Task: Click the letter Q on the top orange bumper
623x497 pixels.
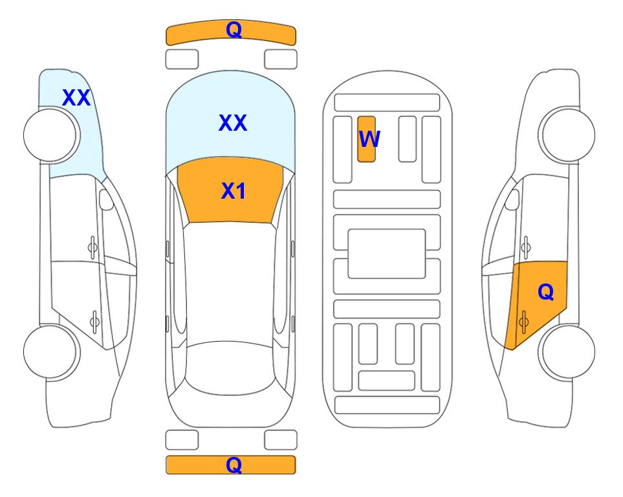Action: (x=234, y=30)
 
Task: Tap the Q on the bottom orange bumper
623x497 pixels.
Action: (x=234, y=465)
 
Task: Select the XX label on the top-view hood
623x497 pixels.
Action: (x=233, y=123)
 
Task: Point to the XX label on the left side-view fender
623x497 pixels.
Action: (x=76, y=98)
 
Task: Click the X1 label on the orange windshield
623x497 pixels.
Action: (x=234, y=191)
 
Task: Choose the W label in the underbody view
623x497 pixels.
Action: (x=369, y=138)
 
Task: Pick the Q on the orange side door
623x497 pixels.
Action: (x=545, y=292)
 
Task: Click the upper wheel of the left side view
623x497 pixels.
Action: (x=52, y=135)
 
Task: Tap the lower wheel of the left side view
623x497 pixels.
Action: (x=52, y=351)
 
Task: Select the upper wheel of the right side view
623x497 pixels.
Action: (x=567, y=135)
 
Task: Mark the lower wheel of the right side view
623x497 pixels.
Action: (x=567, y=351)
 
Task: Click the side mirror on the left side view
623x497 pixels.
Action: (x=106, y=199)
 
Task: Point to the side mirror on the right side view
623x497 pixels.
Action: (x=512, y=199)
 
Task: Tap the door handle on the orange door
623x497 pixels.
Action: (x=523, y=322)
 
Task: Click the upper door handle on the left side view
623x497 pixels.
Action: (x=93, y=247)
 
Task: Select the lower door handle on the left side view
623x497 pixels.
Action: (x=94, y=322)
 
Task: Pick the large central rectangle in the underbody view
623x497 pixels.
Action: (x=387, y=254)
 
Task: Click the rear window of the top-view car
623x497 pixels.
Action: (x=230, y=368)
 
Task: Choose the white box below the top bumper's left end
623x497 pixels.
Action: (x=182, y=60)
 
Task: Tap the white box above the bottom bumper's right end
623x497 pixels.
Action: (x=281, y=440)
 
